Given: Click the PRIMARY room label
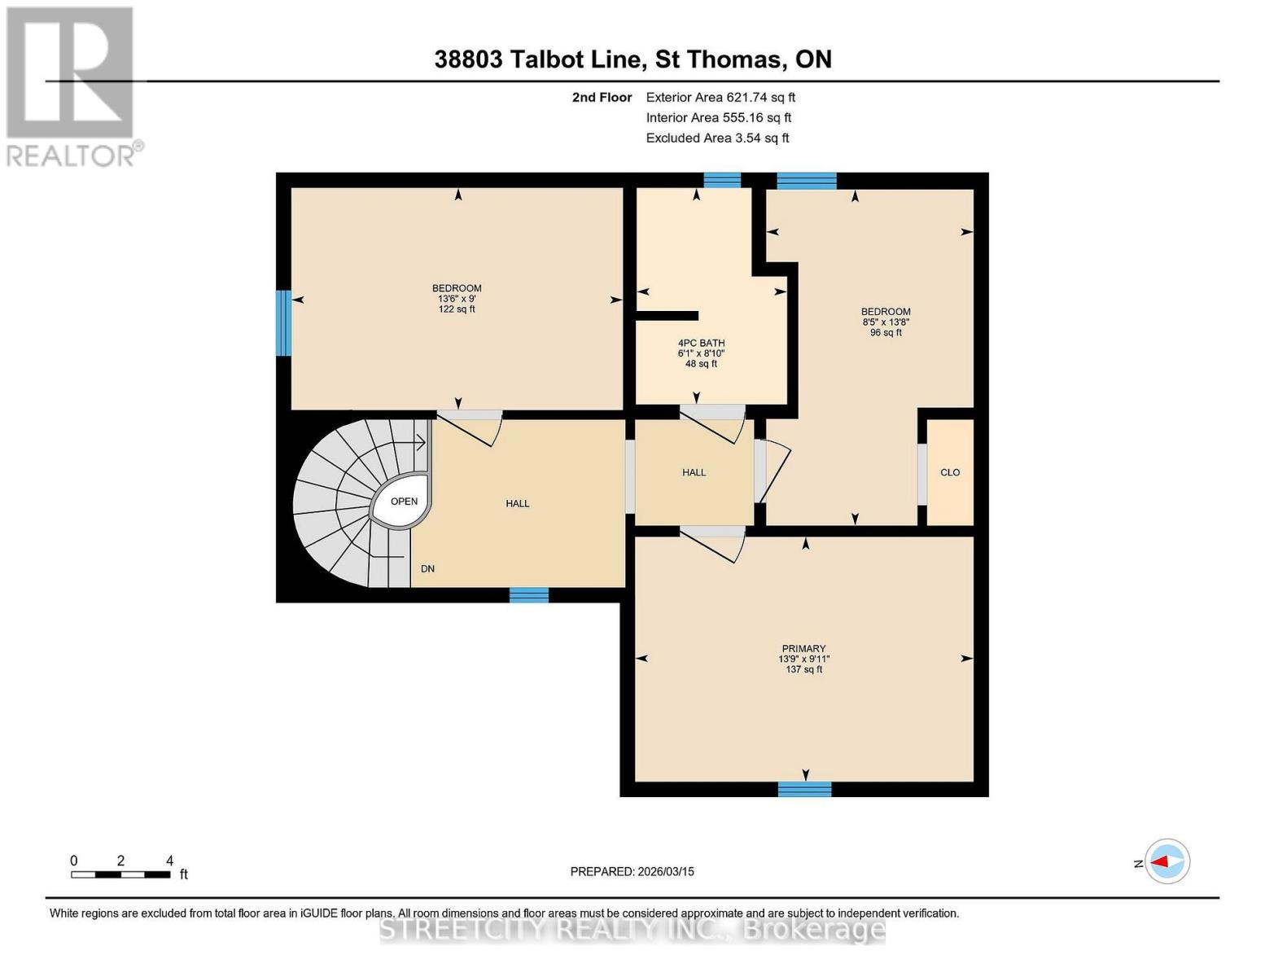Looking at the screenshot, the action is (803, 648).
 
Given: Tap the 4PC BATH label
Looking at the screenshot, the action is (701, 343).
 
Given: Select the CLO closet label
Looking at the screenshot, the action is (949, 472).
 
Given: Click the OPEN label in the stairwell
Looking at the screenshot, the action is (404, 502).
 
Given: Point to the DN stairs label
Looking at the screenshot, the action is (427, 568).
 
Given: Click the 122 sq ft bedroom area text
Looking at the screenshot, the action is (457, 309).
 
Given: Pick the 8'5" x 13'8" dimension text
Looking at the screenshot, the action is (886, 322).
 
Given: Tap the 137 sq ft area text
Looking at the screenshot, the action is (803, 669).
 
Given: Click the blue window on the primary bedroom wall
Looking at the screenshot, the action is (804, 789).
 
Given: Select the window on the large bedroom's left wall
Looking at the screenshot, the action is (283, 322).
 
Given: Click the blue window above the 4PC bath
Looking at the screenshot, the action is (722, 180).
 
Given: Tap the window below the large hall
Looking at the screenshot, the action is (528, 594).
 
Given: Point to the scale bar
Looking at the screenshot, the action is (120, 874).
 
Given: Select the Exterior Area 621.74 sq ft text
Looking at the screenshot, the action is (720, 97).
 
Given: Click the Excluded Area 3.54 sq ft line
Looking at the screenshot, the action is (717, 138).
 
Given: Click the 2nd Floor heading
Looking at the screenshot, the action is (602, 97).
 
